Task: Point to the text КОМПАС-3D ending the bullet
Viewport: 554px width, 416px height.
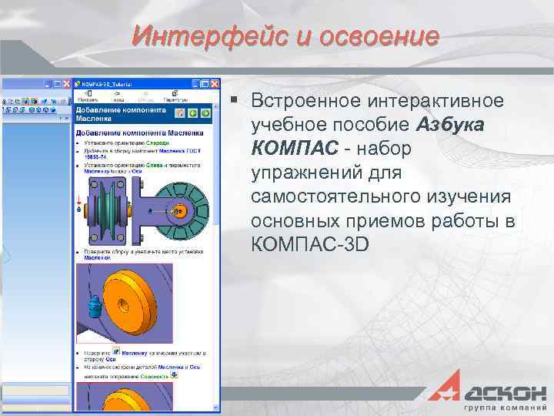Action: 310,244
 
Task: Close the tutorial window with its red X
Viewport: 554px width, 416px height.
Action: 216,83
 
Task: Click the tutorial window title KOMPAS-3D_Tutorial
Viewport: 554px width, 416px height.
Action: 108,83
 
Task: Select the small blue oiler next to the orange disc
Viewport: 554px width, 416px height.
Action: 95,307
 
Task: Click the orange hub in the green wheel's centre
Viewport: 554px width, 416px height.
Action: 178,210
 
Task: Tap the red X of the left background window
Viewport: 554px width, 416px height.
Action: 65,83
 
